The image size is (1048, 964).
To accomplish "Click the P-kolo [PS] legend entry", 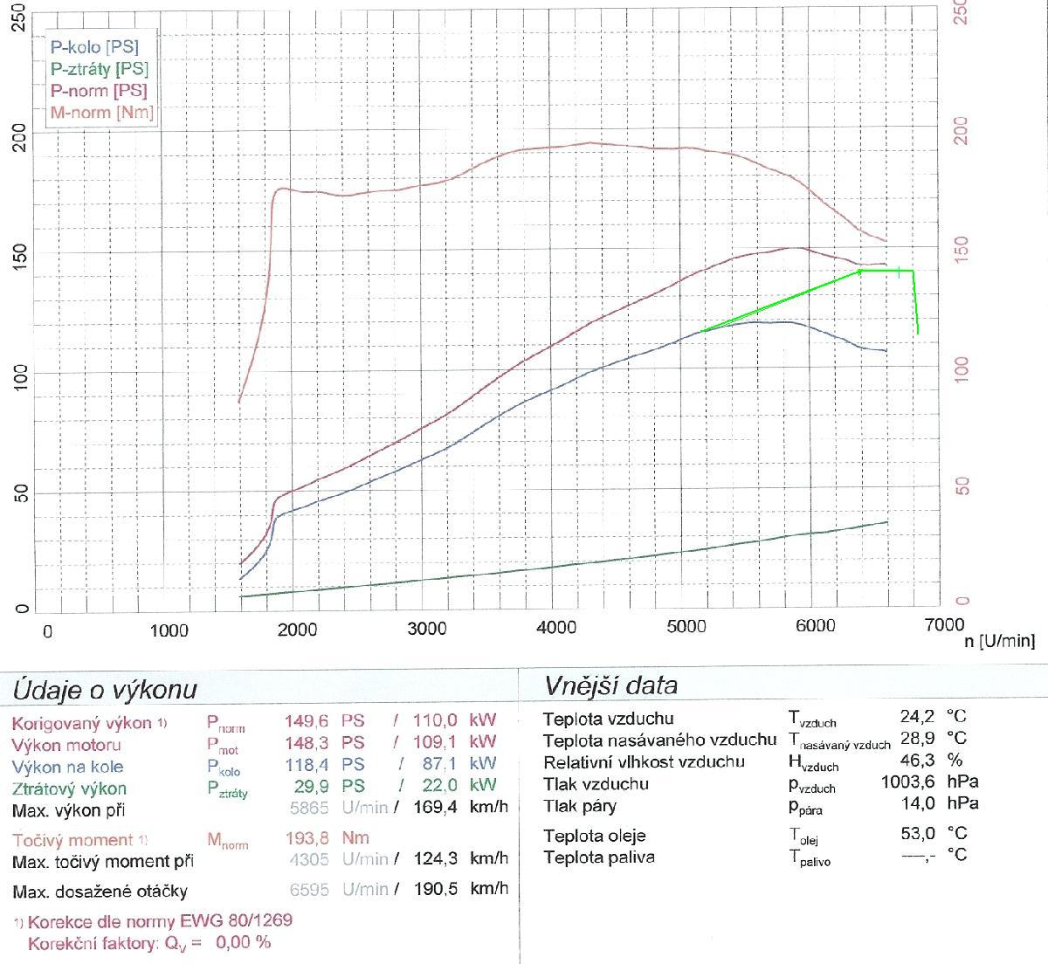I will click(x=93, y=47).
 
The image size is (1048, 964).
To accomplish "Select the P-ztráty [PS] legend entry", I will click(x=99, y=69).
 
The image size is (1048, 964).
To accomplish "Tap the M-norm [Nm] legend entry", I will click(x=101, y=113).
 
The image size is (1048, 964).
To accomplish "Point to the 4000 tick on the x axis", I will click(x=556, y=628).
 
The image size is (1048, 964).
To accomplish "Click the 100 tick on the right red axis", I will click(x=962, y=369).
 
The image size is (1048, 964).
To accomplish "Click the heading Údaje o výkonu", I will click(x=105, y=690).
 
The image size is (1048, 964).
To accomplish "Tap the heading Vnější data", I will click(x=610, y=685).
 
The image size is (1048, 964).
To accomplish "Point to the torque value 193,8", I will click(x=307, y=838).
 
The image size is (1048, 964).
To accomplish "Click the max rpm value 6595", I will click(x=308, y=889).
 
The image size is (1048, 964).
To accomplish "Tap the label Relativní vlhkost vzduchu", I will click(x=644, y=761).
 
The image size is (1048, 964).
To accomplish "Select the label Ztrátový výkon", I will click(x=69, y=788).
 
